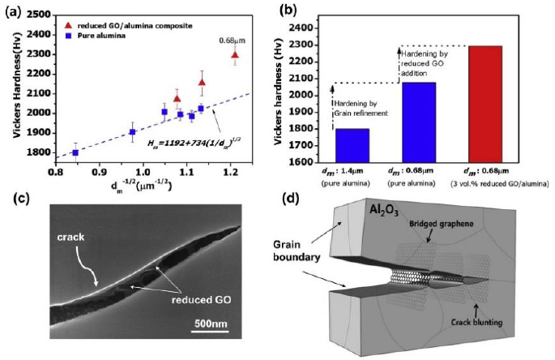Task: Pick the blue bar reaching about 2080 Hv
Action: click(x=416, y=122)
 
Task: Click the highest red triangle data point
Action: click(x=235, y=54)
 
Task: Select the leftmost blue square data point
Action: click(x=75, y=152)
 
